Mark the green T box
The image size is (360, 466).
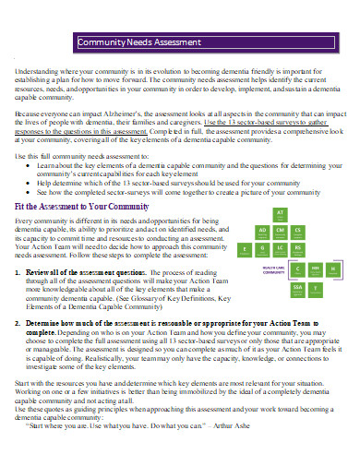[316, 287]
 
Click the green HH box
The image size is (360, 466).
[315, 269]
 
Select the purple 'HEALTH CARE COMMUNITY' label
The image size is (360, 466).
[271, 271]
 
